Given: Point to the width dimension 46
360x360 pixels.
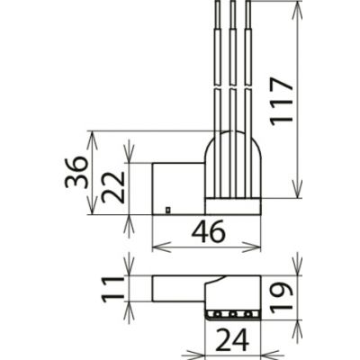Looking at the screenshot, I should click(x=208, y=232).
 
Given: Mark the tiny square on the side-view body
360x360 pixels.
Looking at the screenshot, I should click(x=168, y=211).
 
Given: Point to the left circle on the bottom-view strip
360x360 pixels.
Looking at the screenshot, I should click(x=218, y=314).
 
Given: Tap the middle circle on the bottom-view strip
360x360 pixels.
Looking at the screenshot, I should click(x=234, y=314).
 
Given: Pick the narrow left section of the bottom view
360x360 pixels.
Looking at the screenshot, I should click(x=180, y=288).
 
